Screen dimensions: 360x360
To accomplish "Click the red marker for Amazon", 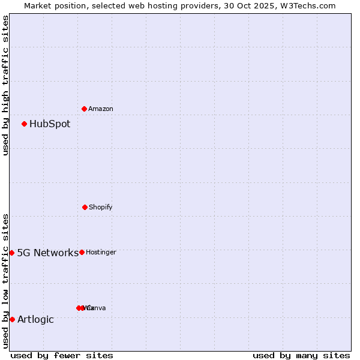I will (84, 109).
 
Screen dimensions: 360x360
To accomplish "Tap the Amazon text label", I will (101, 109).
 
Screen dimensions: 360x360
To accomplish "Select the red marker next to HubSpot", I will (24, 124).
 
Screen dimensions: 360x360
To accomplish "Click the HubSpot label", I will (50, 124).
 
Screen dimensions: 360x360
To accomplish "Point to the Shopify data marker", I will (85, 207).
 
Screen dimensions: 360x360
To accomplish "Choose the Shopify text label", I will (101, 208).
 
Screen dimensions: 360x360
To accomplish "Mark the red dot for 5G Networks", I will (11, 253).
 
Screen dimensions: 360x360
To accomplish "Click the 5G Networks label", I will (47, 253).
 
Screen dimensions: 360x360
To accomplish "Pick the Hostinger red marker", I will (82, 252).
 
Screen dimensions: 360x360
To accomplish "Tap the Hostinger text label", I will (101, 253).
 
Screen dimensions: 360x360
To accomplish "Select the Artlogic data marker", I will (12, 319).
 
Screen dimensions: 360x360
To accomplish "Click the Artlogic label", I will (35, 319).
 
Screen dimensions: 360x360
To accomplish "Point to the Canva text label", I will (97, 308).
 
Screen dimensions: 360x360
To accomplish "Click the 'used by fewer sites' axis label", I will (62, 355).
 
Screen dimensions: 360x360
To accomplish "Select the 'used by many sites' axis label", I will (301, 355).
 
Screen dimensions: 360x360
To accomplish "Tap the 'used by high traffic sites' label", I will (5, 85).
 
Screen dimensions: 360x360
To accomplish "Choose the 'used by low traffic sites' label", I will (5, 281).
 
